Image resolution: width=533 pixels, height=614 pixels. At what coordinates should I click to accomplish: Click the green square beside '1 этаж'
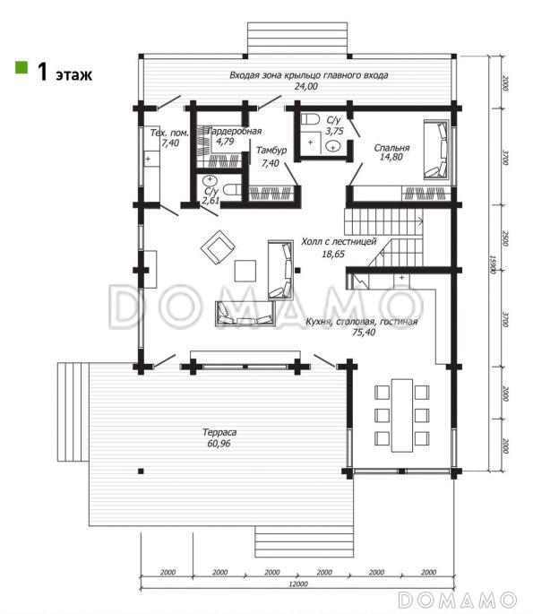click(x=21, y=67)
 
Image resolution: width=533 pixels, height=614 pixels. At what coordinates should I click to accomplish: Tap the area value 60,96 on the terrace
click(x=219, y=444)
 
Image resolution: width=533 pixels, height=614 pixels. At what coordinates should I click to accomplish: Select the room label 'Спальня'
click(x=391, y=148)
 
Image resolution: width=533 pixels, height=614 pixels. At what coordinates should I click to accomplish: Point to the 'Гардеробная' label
click(x=235, y=131)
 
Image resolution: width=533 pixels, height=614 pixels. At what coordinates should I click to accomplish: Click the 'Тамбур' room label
click(x=271, y=151)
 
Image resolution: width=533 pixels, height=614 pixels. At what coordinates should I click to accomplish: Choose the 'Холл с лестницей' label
click(x=339, y=242)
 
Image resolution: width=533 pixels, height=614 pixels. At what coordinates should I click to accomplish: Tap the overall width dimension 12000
click(x=298, y=584)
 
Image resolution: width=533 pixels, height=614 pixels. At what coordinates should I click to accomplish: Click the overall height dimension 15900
click(x=493, y=264)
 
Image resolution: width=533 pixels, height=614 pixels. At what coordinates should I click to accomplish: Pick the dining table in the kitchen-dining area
click(x=402, y=415)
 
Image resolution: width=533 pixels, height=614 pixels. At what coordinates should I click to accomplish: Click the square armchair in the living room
click(x=218, y=247)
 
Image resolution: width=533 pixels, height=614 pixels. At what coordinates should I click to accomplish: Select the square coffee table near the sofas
click(x=245, y=271)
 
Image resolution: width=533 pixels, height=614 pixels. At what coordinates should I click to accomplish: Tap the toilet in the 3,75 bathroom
click(x=311, y=119)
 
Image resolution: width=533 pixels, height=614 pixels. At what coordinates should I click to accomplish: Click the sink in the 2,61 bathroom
click(x=211, y=180)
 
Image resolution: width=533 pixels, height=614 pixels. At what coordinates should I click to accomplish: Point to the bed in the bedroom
click(x=436, y=150)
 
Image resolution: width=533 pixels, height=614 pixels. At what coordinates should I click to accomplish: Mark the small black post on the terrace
click(x=141, y=471)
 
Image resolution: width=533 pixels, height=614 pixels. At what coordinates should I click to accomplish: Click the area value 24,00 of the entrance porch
click(x=306, y=87)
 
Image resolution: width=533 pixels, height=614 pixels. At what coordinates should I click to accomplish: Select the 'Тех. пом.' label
click(x=169, y=134)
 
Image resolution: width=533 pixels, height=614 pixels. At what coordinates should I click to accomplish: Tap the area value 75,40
click(x=364, y=333)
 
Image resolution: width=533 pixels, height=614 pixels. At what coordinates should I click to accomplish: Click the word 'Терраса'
click(x=219, y=432)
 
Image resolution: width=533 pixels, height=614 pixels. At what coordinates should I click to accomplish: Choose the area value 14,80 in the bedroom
click(x=391, y=157)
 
